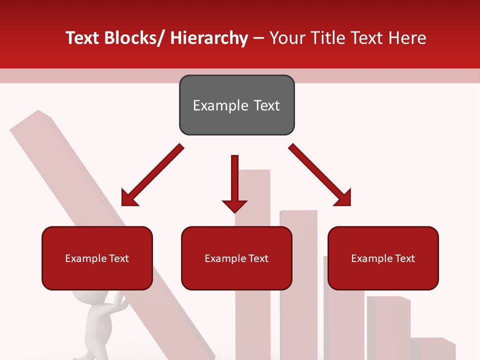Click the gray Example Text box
click(236, 105)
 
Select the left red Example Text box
click(97, 258)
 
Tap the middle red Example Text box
click(236, 258)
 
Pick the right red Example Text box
click(383, 258)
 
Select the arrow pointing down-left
click(152, 175)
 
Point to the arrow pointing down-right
click(320, 175)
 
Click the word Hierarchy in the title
click(209, 38)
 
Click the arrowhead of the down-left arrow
click(129, 198)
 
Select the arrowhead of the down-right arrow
click(343, 198)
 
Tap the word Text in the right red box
click(404, 258)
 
